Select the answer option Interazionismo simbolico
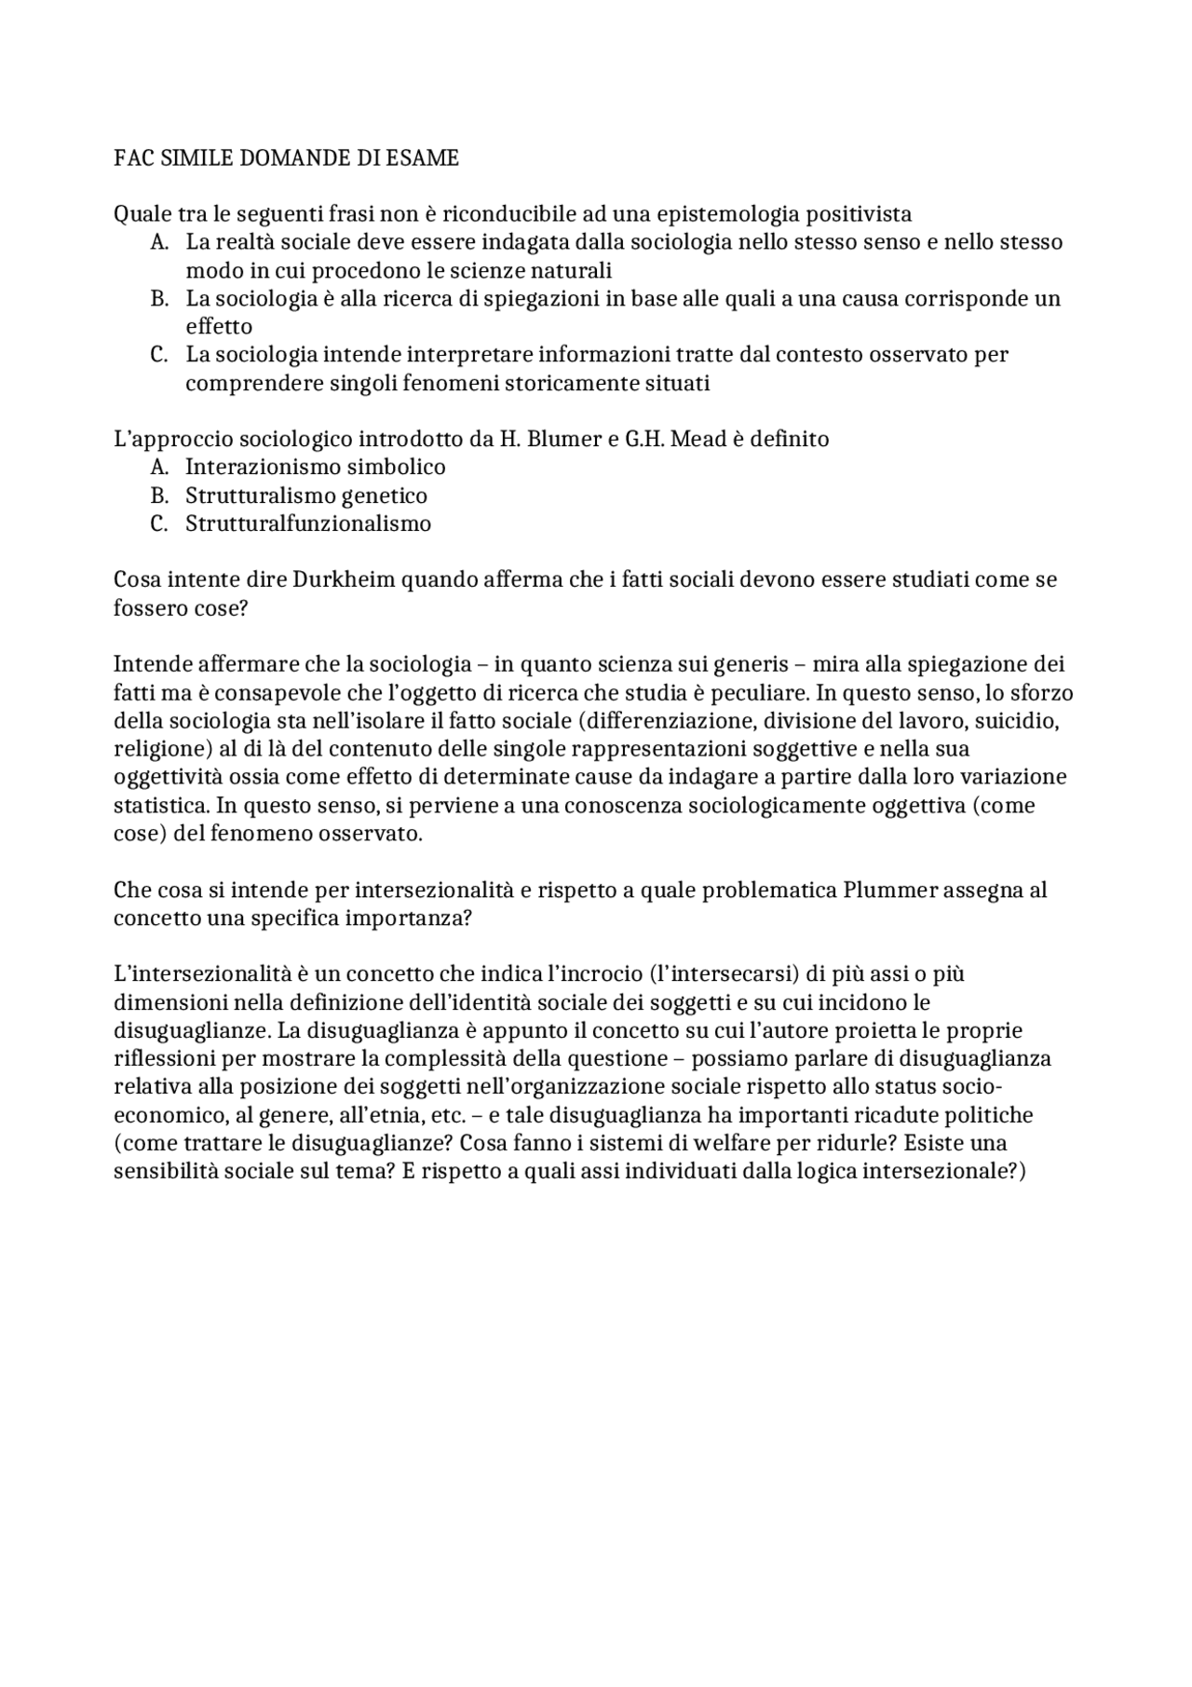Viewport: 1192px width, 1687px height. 315,467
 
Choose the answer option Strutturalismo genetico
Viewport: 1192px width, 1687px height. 305,496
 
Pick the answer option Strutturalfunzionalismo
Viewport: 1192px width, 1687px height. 307,524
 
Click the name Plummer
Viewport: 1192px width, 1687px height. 891,890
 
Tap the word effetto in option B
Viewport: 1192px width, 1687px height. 219,327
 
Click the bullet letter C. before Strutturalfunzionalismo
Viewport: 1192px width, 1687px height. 158,524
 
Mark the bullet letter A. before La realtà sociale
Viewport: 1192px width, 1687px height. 158,242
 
